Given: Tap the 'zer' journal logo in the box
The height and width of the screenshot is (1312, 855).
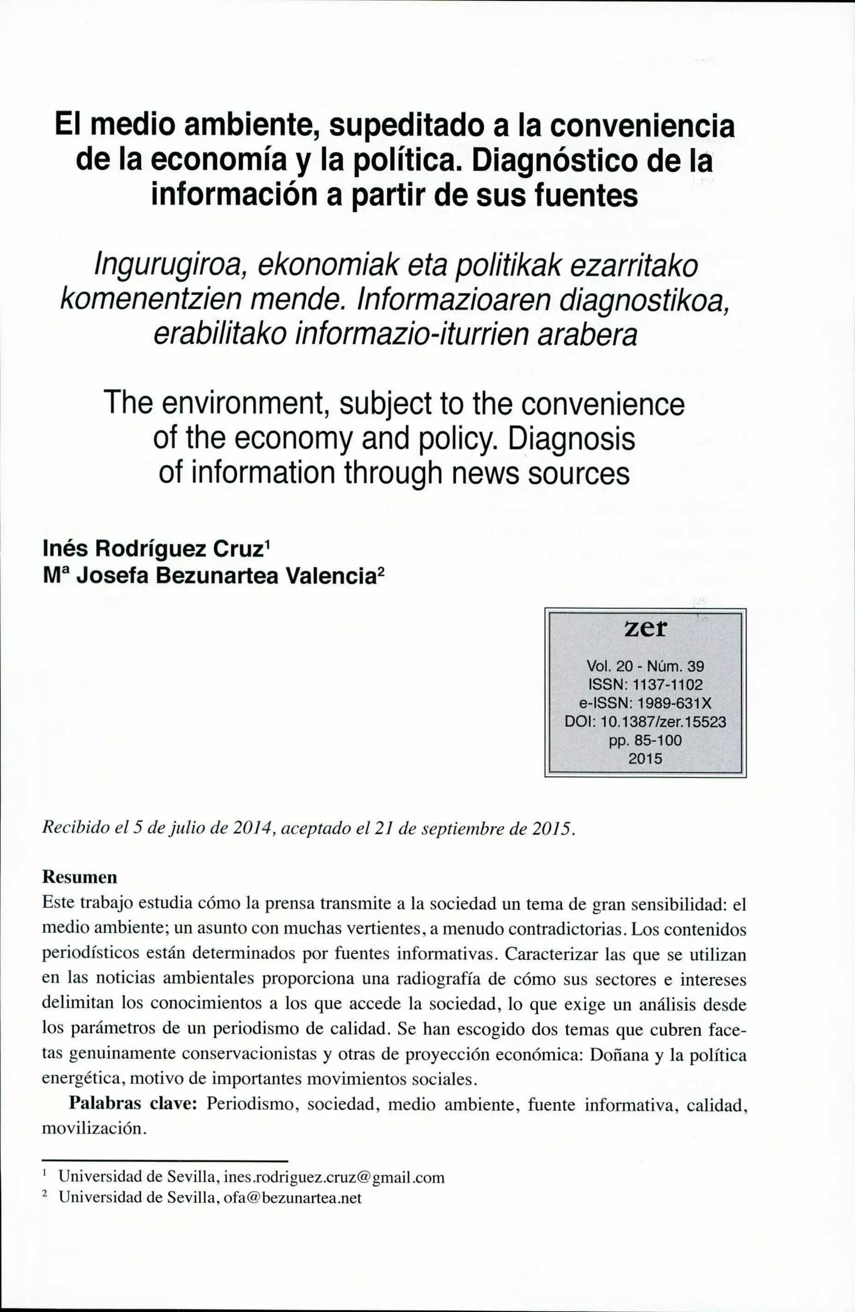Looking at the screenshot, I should (x=645, y=628).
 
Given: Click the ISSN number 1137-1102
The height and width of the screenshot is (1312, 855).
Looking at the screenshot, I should (x=667, y=685).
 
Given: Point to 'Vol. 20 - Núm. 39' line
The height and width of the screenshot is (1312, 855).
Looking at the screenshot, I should (x=645, y=666).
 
